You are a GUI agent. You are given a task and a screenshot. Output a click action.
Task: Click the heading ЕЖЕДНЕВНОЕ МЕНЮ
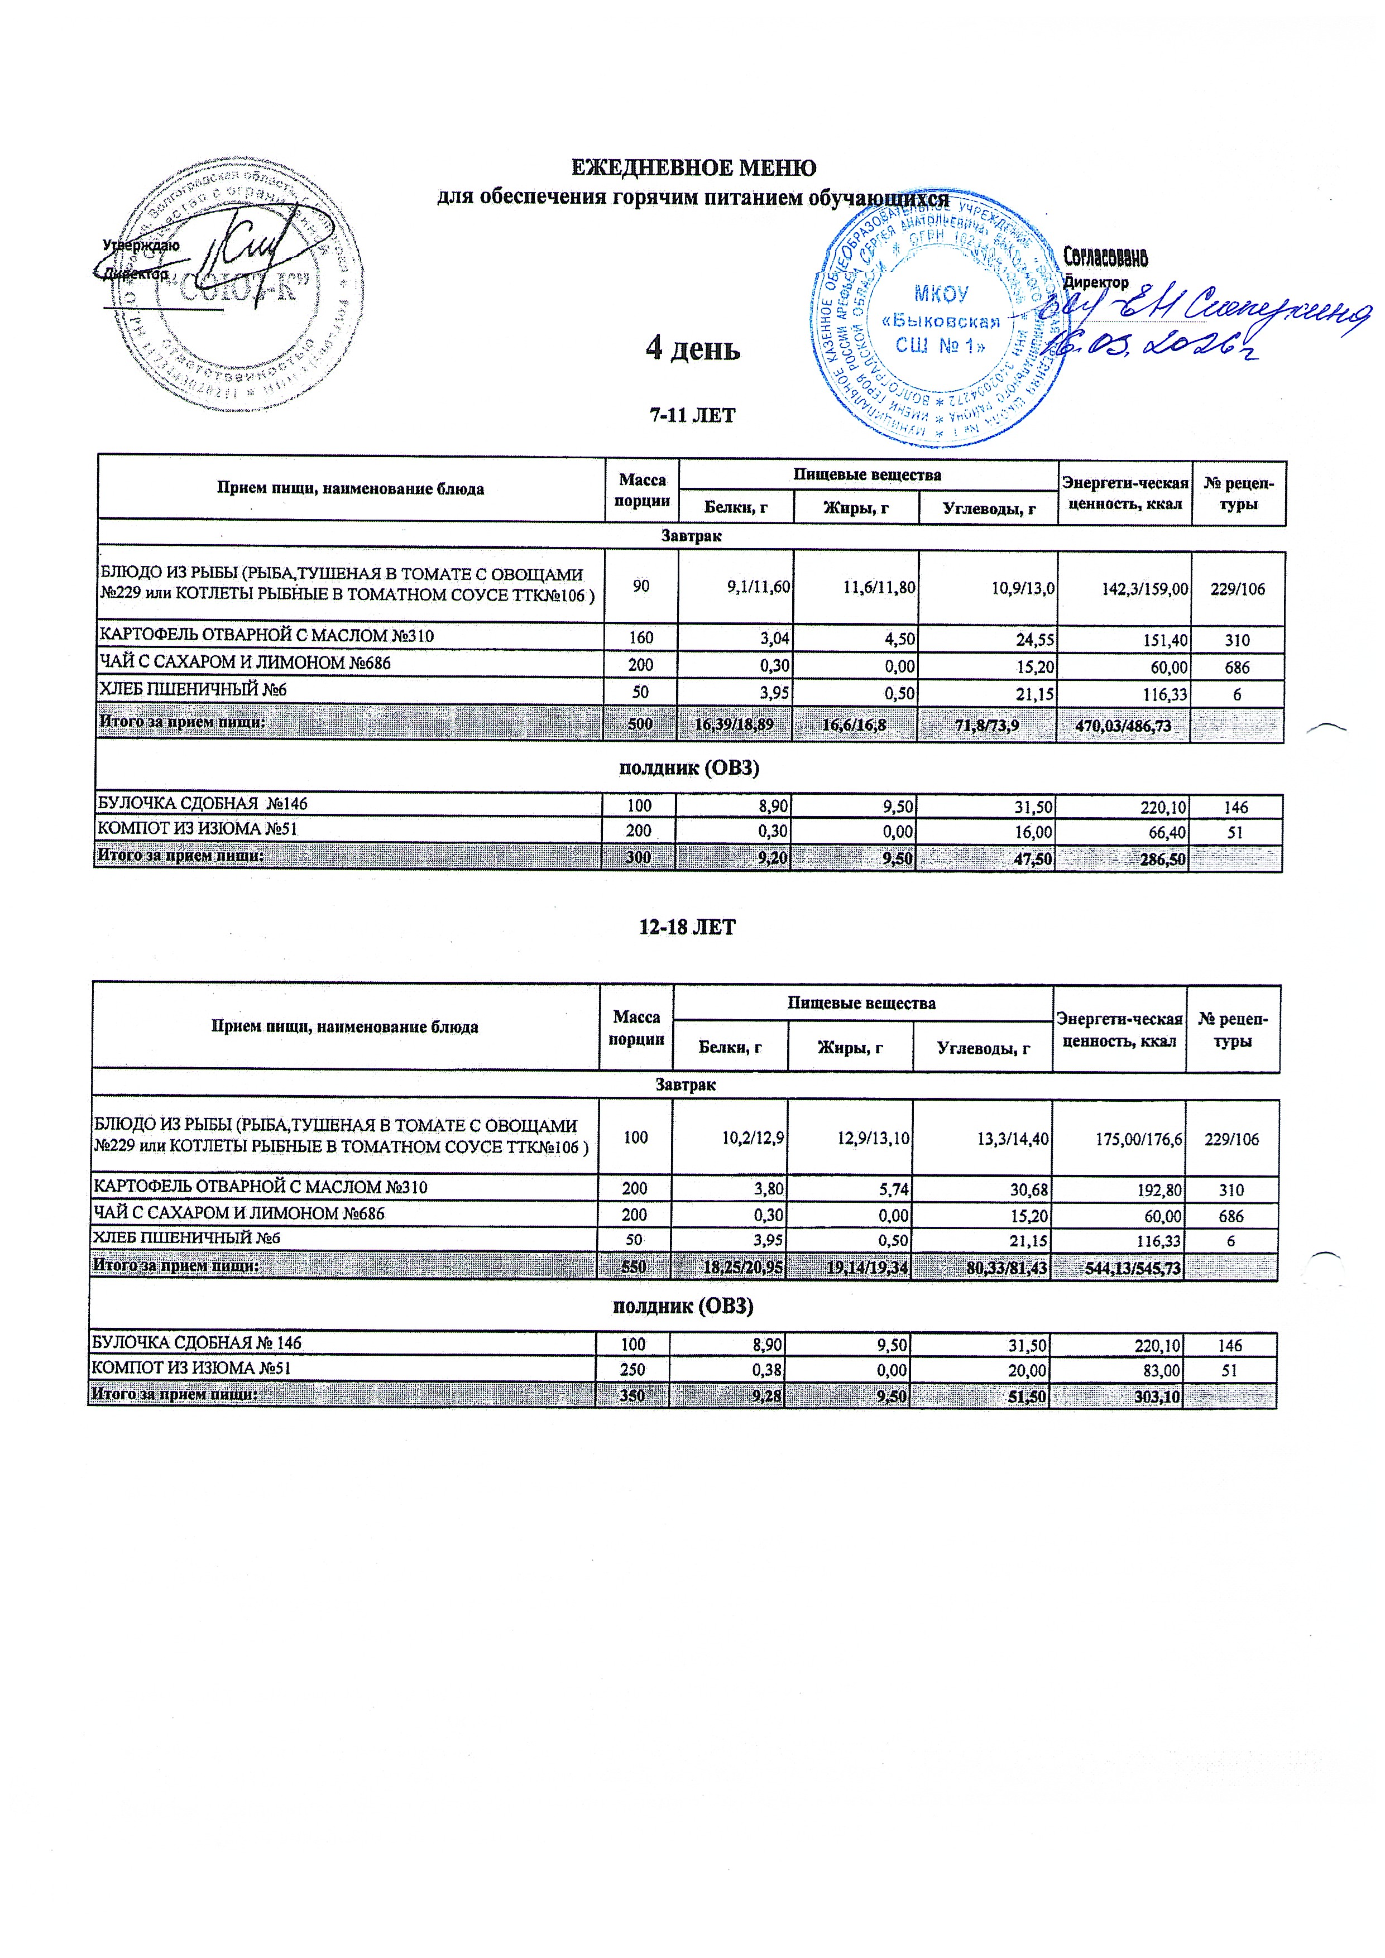pyautogui.click(x=692, y=168)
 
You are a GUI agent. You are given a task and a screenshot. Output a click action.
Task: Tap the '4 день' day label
pyautogui.click(x=692, y=348)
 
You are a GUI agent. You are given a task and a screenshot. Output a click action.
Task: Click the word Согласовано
pyautogui.click(x=1105, y=257)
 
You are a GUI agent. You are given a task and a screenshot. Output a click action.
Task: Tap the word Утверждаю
pyautogui.click(x=141, y=244)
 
